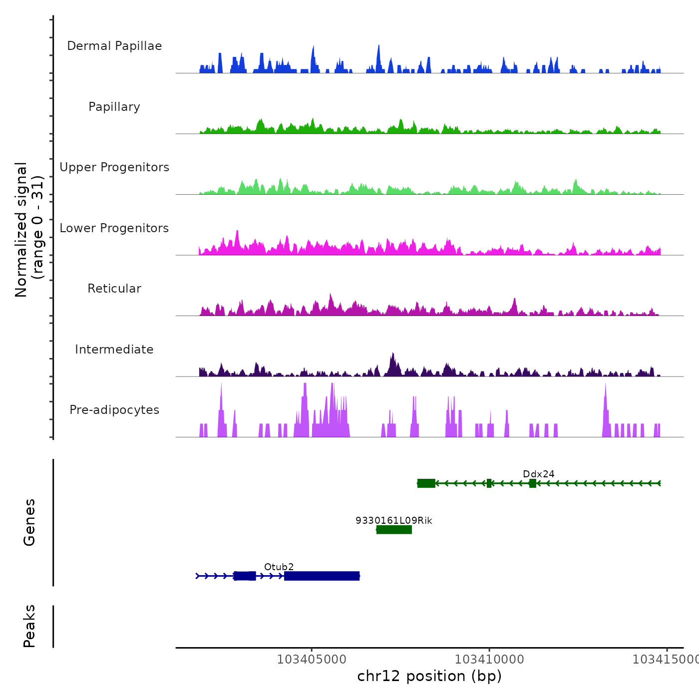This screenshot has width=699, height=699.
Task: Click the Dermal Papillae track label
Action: click(114, 46)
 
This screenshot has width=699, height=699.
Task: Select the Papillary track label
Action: click(114, 107)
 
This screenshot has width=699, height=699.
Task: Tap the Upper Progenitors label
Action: click(114, 167)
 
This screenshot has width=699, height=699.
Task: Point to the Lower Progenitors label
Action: click(114, 228)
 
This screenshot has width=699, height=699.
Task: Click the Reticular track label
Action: click(114, 289)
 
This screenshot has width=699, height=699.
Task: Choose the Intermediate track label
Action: click(114, 349)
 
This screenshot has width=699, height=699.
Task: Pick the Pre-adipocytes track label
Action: click(114, 410)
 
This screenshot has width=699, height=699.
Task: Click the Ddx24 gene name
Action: click(538, 474)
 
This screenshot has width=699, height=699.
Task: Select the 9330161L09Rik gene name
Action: click(394, 520)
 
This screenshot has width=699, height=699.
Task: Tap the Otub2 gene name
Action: click(279, 567)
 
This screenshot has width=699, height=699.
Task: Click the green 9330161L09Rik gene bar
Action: click(394, 530)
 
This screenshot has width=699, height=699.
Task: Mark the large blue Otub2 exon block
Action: click(322, 576)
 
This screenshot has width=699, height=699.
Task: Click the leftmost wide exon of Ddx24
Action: click(426, 483)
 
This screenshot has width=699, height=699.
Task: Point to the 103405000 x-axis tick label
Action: click(312, 660)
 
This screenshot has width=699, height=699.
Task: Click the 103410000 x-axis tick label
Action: click(489, 660)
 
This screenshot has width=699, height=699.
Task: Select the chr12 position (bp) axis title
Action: click(429, 676)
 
